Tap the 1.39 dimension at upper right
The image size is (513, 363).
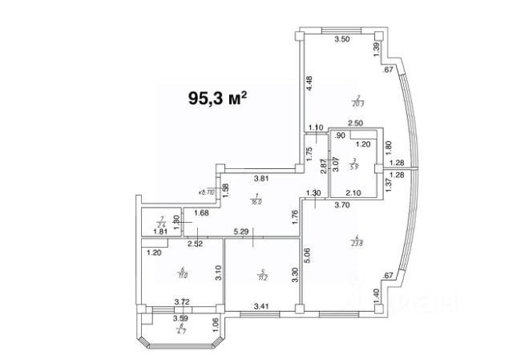[376, 47]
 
